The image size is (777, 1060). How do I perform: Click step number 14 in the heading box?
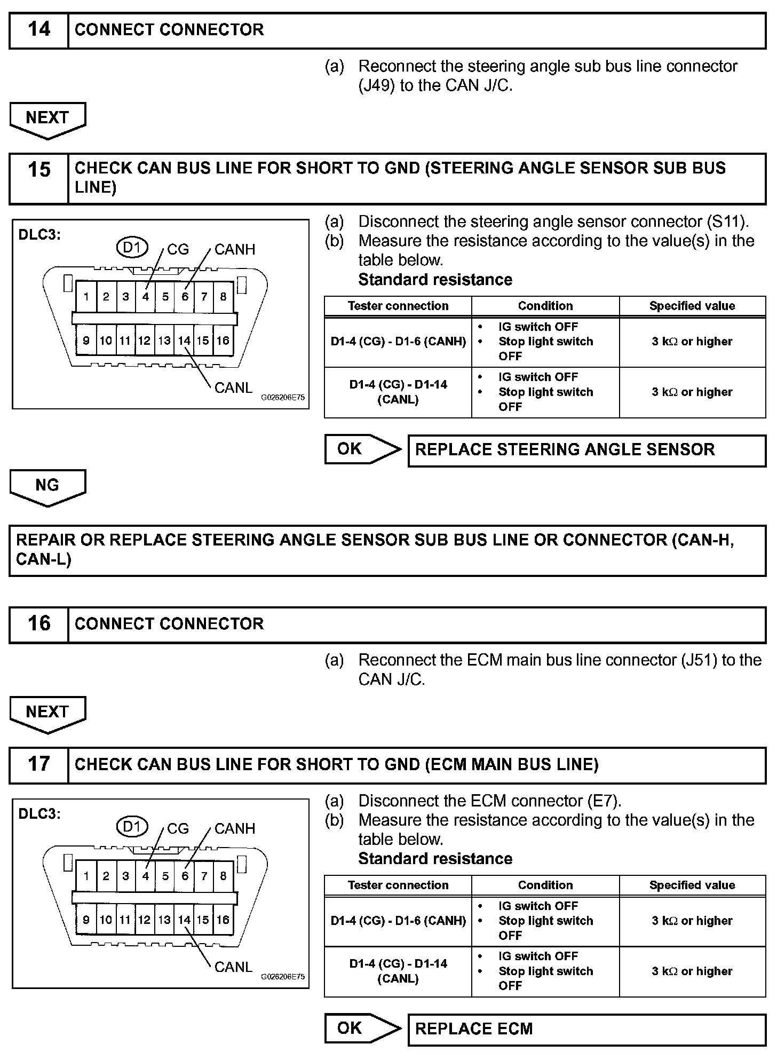point(39,30)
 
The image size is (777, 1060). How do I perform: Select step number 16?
point(39,623)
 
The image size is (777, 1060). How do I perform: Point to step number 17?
point(39,764)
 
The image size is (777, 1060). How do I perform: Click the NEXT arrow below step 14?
point(47,118)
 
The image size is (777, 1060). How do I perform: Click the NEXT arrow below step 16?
point(47,713)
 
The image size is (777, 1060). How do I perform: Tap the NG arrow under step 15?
point(47,486)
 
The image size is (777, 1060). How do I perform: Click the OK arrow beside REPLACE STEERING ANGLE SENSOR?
point(362,449)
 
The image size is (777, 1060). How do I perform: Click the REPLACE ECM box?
point(586,1029)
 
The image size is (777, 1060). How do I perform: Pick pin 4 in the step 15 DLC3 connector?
point(145,297)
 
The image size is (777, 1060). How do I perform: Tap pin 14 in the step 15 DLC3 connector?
point(184,341)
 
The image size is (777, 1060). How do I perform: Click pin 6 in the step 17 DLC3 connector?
point(185,876)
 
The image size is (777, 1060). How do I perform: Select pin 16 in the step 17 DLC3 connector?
point(223,920)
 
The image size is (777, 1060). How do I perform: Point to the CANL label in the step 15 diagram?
point(233,387)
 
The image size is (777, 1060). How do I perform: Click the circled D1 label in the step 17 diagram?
point(132,827)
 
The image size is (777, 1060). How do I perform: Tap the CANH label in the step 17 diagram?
point(235,828)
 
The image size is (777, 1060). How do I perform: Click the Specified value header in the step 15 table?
point(692,306)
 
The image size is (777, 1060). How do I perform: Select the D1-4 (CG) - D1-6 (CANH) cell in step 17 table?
point(398,921)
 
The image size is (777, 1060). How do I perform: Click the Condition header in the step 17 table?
point(545,885)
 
